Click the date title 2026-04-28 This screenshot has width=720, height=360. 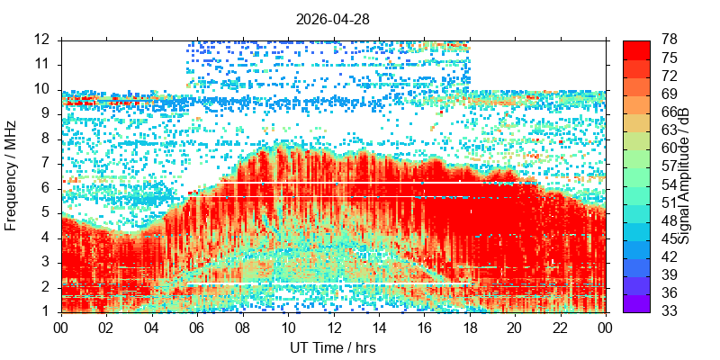click(x=332, y=19)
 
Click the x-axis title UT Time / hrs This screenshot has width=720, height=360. click(x=333, y=347)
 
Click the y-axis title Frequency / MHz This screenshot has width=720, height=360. click(x=10, y=176)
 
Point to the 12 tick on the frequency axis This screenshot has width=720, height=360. click(x=47, y=40)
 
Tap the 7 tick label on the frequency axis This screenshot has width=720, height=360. click(x=50, y=165)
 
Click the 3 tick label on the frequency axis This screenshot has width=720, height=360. click(x=50, y=264)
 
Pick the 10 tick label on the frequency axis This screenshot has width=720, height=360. click(x=47, y=90)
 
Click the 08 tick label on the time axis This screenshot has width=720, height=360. click(x=242, y=328)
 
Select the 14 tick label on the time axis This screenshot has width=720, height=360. click(x=379, y=328)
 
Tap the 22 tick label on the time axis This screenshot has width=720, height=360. click(x=561, y=328)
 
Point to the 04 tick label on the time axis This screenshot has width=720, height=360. click(x=152, y=328)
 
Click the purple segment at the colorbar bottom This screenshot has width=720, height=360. click(x=636, y=303)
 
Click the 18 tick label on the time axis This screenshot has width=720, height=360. click(x=470, y=328)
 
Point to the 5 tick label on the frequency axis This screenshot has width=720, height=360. click(x=50, y=214)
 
